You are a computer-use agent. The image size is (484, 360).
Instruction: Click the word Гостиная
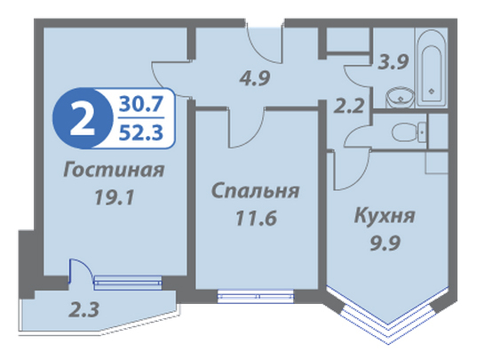pyautogui.click(x=114, y=170)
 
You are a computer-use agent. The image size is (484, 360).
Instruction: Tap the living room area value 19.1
pyautogui.click(x=115, y=197)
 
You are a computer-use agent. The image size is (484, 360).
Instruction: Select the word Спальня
pyautogui.click(x=255, y=190)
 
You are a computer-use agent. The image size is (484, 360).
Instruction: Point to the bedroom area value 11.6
pyautogui.click(x=256, y=218)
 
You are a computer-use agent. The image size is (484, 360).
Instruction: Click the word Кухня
pyautogui.click(x=385, y=215)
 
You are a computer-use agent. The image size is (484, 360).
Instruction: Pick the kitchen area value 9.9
pyautogui.click(x=385, y=243)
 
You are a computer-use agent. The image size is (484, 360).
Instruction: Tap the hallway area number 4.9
pyautogui.click(x=255, y=78)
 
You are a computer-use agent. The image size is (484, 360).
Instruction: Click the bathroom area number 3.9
pyautogui.click(x=393, y=62)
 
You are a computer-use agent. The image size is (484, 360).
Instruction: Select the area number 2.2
pyautogui.click(x=349, y=106)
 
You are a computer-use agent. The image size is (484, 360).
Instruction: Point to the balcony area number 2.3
pyautogui.click(x=83, y=309)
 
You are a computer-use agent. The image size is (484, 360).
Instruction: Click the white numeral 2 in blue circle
pyautogui.click(x=83, y=119)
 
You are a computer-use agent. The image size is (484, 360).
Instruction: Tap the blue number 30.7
pyautogui.click(x=140, y=104)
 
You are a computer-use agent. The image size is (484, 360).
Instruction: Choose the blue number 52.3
pyautogui.click(x=140, y=132)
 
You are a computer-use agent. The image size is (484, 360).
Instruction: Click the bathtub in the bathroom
pyautogui.click(x=432, y=68)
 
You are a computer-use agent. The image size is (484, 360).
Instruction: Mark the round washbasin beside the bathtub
pyautogui.click(x=400, y=97)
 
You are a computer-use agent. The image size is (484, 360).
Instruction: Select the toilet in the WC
pyautogui.click(x=409, y=132)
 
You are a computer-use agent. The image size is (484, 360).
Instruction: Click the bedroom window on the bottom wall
pyautogui.click(x=256, y=296)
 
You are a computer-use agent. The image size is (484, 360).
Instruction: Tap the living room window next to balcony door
pyautogui.click(x=128, y=283)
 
